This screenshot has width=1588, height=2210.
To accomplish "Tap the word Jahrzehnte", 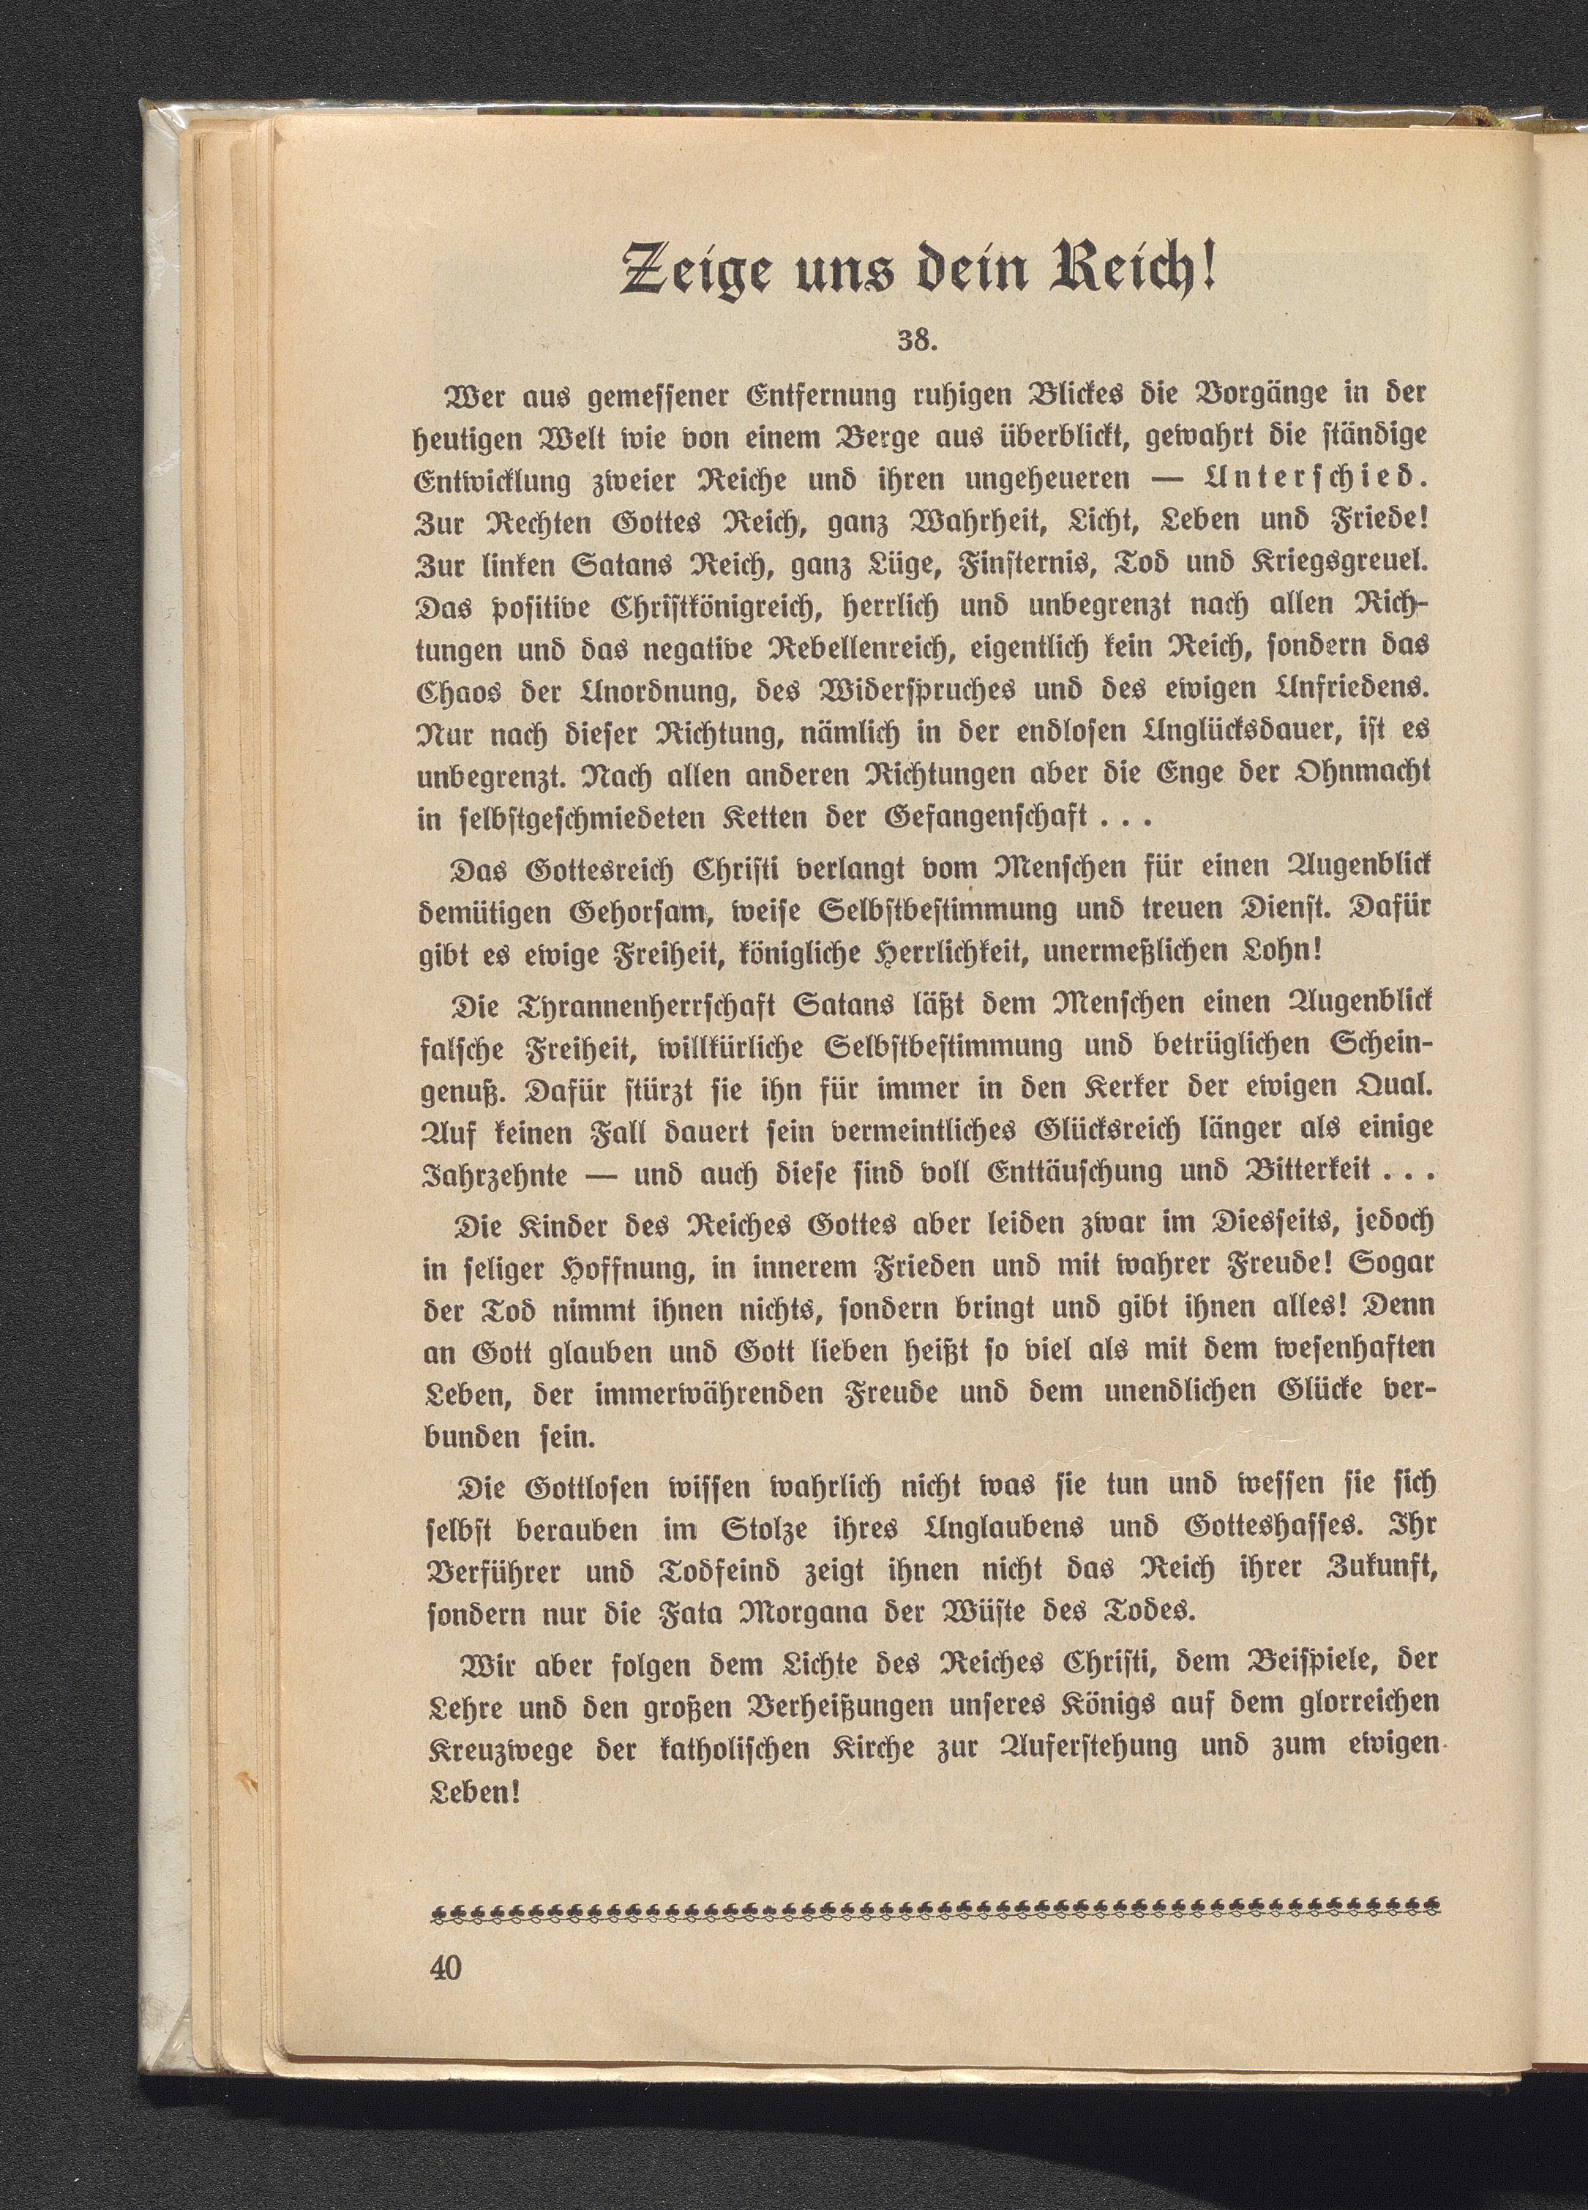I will tap(494, 1172).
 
